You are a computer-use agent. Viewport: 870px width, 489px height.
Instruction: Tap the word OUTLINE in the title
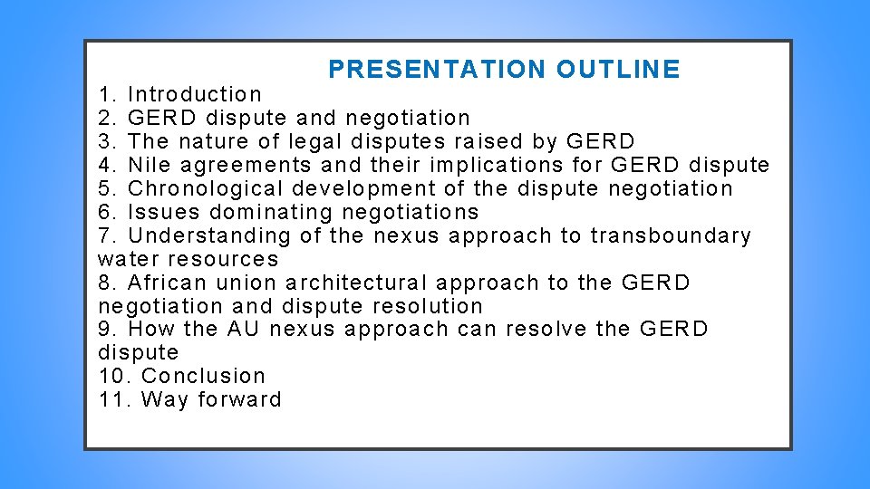(618, 70)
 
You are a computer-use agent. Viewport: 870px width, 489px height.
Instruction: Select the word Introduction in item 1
(195, 94)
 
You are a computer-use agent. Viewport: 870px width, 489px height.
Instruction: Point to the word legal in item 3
(314, 141)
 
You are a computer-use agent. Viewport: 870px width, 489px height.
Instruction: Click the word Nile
(150, 165)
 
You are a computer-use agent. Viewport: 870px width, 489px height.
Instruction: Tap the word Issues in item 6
(164, 212)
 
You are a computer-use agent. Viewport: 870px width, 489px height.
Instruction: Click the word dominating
(271, 212)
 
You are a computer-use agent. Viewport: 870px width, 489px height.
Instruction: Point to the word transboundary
(671, 235)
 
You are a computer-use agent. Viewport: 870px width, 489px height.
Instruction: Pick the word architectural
(356, 283)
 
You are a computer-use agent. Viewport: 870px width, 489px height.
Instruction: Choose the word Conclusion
(204, 376)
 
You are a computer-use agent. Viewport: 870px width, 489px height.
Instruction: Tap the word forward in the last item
(240, 399)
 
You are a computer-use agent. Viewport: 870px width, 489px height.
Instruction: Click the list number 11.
(113, 399)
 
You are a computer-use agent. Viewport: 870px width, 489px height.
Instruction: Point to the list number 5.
(107, 188)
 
